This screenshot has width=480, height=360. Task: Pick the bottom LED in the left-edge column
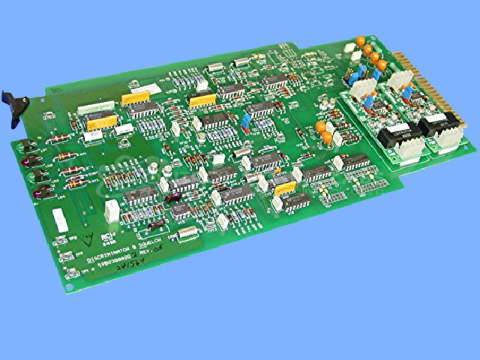pyautogui.click(x=37, y=197)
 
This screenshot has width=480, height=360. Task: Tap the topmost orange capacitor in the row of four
pyautogui.click(x=361, y=41)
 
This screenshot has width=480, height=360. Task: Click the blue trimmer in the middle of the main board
pyautogui.click(x=247, y=121)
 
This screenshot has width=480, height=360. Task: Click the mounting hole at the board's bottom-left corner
pyautogui.click(x=72, y=285)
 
